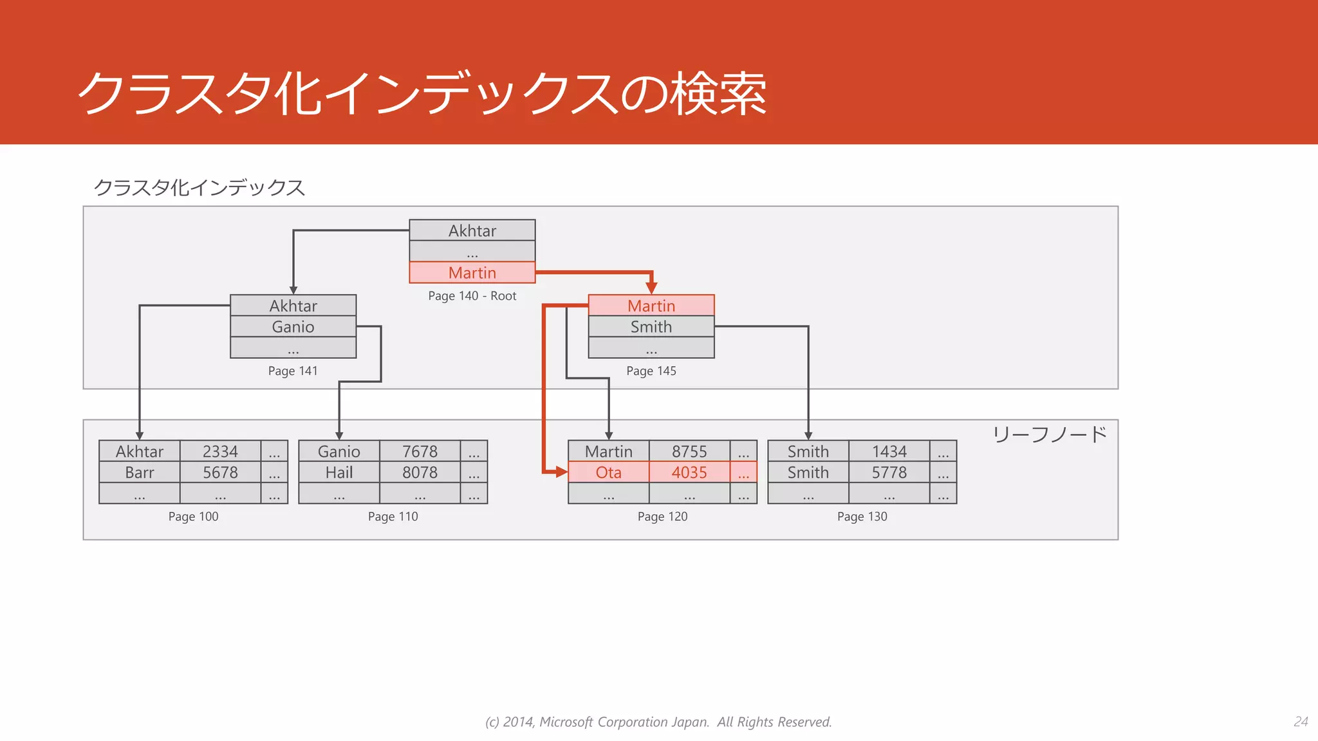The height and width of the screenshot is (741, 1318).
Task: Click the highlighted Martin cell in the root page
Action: pos(472,273)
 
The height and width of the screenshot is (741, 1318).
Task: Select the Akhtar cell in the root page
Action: pos(472,230)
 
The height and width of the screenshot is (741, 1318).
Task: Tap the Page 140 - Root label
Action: pos(472,296)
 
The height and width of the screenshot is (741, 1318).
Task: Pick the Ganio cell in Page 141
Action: pos(293,327)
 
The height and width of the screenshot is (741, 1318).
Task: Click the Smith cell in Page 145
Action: pos(651,327)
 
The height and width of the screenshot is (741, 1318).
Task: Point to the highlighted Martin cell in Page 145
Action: pos(651,306)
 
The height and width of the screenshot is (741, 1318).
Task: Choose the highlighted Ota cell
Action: pos(608,473)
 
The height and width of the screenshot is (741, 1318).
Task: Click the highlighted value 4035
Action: pos(689,473)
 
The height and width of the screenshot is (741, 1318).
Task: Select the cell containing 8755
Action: pos(689,452)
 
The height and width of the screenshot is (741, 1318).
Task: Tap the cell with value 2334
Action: pos(220,452)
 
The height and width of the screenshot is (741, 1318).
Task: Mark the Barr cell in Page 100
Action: pos(140,473)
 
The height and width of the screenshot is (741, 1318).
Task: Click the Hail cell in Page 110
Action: pos(339,473)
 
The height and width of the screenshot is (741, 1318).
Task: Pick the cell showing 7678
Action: pos(420,452)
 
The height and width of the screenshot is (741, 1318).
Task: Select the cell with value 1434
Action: pos(889,452)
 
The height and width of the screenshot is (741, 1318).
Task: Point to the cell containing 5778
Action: pos(889,473)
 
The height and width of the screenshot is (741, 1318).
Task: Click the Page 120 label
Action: pos(662,517)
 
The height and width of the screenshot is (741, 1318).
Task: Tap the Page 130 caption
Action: pos(862,517)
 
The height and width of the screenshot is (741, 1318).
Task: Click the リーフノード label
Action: pos(1049,435)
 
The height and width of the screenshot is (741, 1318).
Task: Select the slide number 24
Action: pos(1301,722)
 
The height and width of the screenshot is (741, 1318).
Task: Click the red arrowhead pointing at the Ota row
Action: pos(562,473)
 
